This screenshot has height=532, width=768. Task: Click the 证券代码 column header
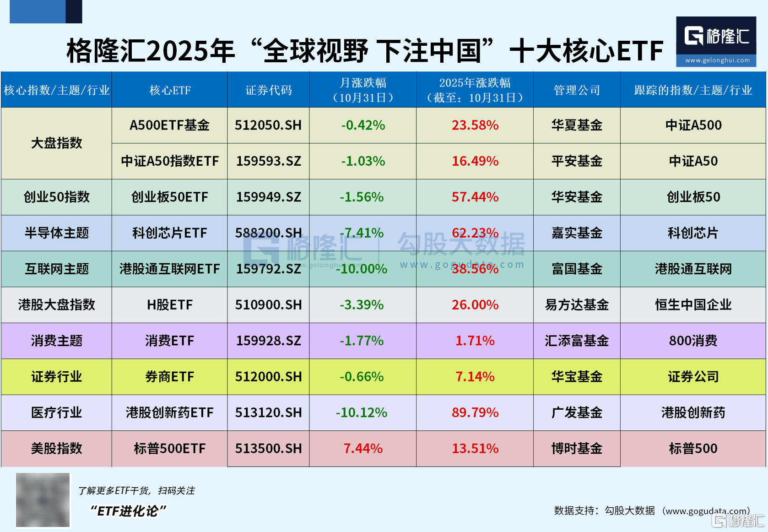coord(268,90)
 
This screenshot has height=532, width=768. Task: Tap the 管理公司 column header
coord(576,90)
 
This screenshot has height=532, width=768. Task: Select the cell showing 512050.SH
coord(268,125)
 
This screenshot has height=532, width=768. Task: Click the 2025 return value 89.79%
coord(475,413)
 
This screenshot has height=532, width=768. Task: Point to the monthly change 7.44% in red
coord(362,448)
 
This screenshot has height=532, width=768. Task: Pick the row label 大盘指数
coord(56,143)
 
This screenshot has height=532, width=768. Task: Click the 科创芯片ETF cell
coord(169,233)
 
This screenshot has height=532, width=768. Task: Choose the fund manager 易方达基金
coord(576,305)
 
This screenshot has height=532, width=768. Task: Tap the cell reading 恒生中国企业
coord(693,305)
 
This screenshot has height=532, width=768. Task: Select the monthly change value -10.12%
coord(362,413)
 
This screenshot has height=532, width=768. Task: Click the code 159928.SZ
coord(268,341)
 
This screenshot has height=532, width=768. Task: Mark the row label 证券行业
coord(56,377)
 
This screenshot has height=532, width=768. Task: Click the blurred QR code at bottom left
coord(43,500)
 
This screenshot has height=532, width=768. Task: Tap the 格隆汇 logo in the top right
coord(716,41)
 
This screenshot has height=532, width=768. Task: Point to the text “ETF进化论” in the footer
coord(128,511)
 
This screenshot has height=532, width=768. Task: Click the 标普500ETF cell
coord(169,448)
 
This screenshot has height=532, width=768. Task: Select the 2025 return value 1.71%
coord(475,341)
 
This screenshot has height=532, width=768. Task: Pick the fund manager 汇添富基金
coord(576,341)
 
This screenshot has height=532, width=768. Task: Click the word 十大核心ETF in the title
coord(586,50)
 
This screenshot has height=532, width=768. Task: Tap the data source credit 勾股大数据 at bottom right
coord(629,510)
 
